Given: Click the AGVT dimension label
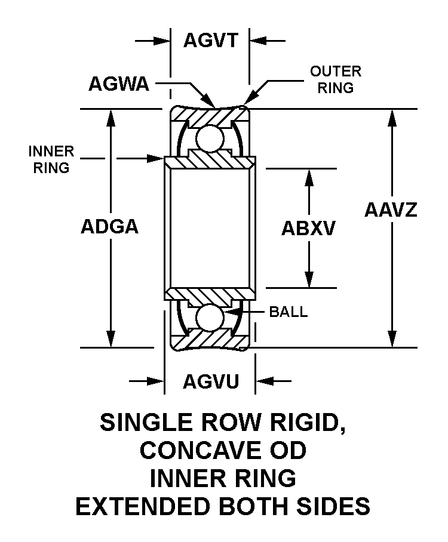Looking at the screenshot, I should (211, 41).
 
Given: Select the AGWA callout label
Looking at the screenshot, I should (118, 84).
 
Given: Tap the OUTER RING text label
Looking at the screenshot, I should (335, 79).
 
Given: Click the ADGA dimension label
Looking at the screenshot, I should (110, 227).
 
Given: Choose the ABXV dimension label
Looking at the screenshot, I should (308, 228).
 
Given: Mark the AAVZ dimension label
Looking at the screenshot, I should (391, 210).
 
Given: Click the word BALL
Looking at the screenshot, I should (289, 312).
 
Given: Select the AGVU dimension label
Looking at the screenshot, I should (211, 381).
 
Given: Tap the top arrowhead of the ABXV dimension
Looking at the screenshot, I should (309, 177).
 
